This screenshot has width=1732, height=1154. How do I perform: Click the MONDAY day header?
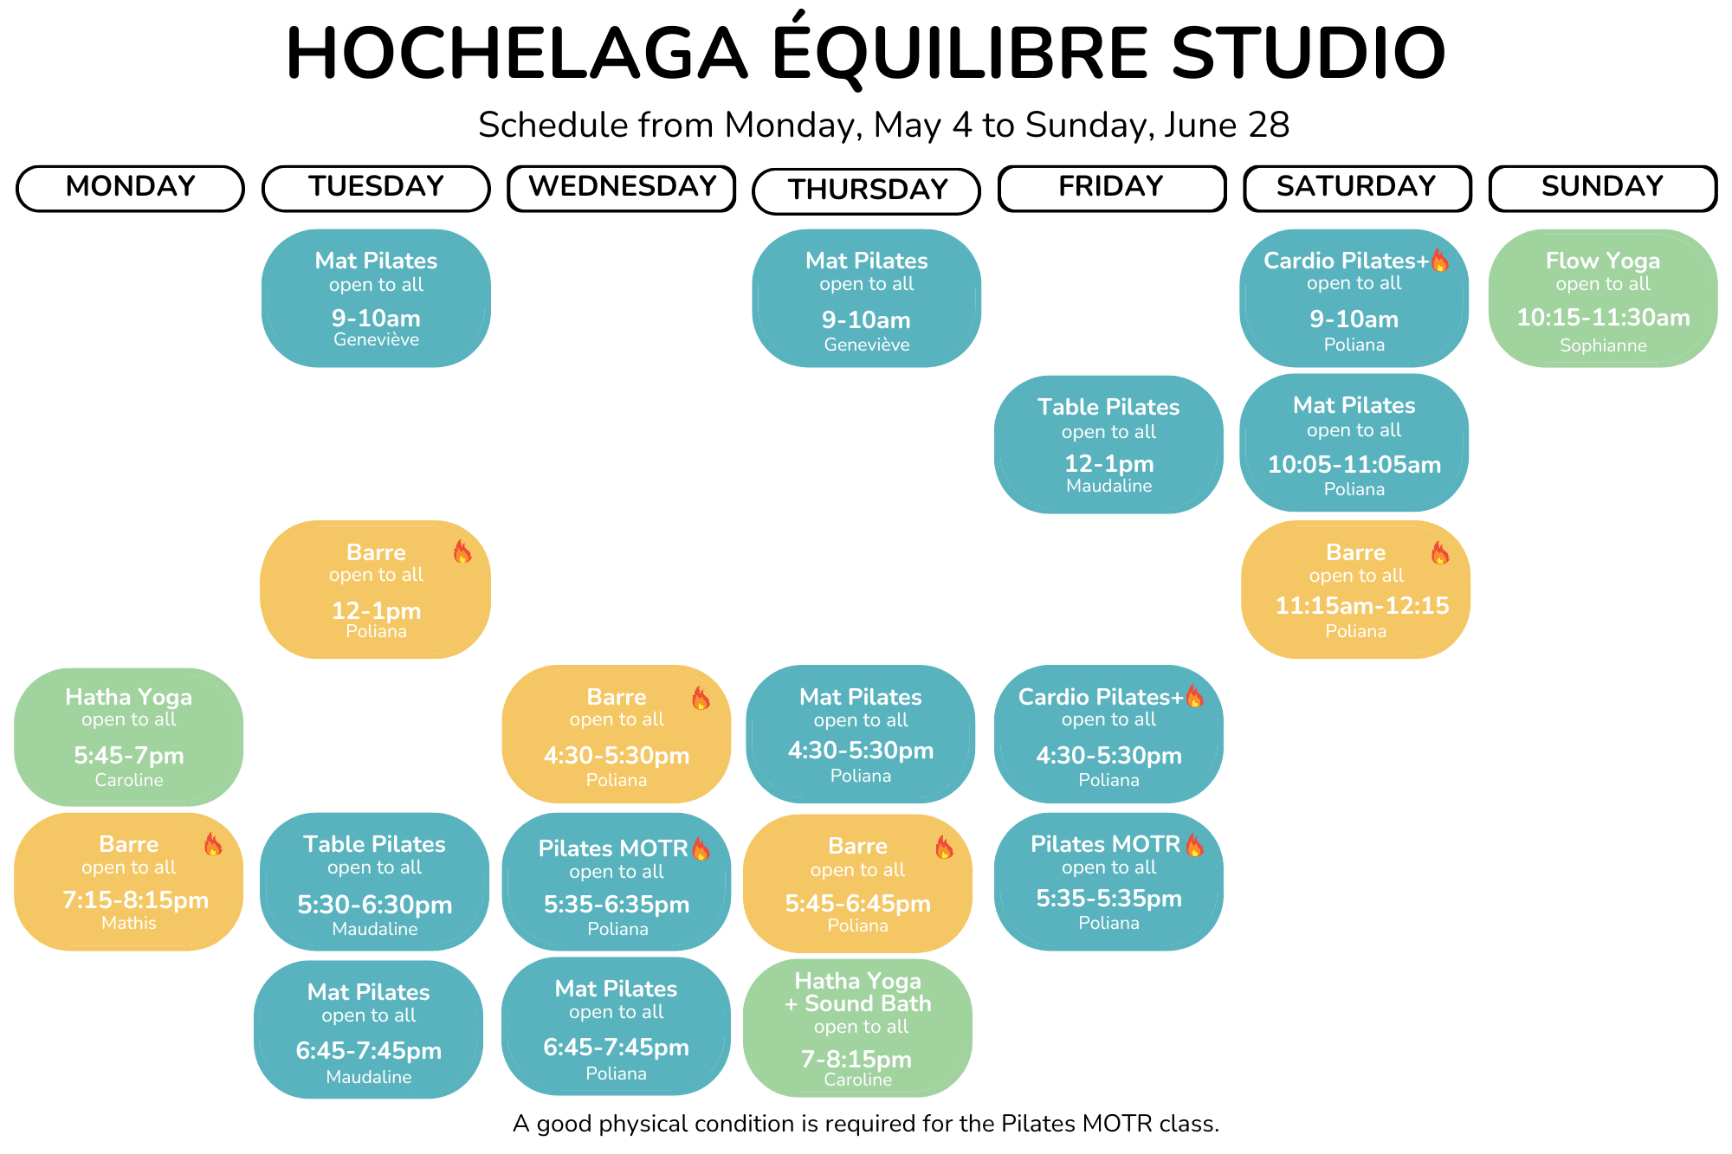pyautogui.click(x=130, y=188)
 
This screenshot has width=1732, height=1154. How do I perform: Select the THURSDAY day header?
pyautogui.click(x=867, y=190)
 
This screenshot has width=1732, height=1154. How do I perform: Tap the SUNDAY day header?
pyautogui.click(x=1603, y=188)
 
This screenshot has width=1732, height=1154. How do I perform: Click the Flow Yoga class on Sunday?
pyautogui.click(x=1603, y=298)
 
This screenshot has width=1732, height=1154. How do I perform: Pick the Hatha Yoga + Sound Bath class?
pyautogui.click(x=857, y=1028)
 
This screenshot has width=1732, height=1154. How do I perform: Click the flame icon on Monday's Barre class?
pyautogui.click(x=213, y=844)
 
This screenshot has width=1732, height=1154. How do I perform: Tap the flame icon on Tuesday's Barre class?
pyautogui.click(x=462, y=551)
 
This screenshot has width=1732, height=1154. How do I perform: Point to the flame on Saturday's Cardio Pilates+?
pyautogui.click(x=1439, y=260)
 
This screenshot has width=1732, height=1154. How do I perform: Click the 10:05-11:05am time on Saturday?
pyautogui.click(x=1354, y=465)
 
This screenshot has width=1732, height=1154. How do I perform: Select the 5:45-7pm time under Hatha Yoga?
pyautogui.click(x=129, y=756)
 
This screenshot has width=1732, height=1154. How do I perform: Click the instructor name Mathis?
pyautogui.click(x=129, y=923)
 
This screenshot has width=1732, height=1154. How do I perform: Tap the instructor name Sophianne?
pyautogui.click(x=1603, y=345)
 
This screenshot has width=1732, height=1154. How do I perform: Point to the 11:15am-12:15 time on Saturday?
pyautogui.click(x=1362, y=606)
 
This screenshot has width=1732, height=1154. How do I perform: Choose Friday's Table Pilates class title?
pyautogui.click(x=1108, y=407)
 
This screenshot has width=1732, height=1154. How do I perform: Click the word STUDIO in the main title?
pyautogui.click(x=1309, y=53)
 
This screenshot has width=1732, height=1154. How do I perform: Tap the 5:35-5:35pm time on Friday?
pyautogui.click(x=1108, y=899)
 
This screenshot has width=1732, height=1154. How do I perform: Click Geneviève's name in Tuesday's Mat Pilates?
pyautogui.click(x=376, y=339)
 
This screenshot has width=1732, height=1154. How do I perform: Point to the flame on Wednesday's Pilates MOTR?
pyautogui.click(x=701, y=848)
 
